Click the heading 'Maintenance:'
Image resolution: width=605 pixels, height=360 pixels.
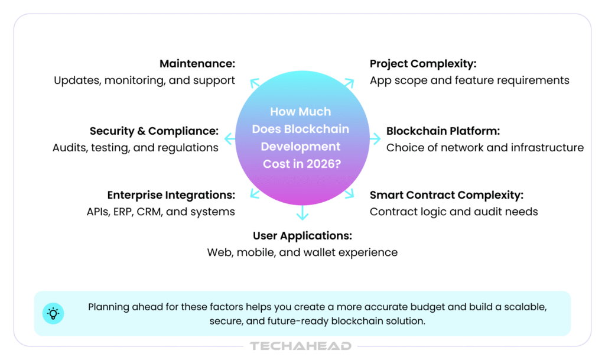point(197,64)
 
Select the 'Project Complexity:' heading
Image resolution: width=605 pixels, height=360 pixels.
point(423,64)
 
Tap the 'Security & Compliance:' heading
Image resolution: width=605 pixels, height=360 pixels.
point(154,132)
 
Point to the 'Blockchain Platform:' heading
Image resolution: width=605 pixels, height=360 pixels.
point(443,131)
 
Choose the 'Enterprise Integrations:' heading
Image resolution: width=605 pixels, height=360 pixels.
point(171,195)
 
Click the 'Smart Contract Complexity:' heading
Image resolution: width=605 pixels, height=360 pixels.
point(447,195)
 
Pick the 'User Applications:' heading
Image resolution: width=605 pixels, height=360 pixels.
point(302,236)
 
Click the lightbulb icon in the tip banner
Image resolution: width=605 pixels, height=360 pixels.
point(53,313)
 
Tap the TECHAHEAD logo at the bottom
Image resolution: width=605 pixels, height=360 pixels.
point(301,346)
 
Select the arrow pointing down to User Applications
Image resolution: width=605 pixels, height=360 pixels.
point(302,213)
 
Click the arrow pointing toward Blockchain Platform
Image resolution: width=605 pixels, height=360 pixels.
point(375,138)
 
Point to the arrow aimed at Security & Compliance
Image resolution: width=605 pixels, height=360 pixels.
point(230,138)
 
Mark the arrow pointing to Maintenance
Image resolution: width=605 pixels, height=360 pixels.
point(255,83)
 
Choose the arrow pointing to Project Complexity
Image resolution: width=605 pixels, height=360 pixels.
point(349,83)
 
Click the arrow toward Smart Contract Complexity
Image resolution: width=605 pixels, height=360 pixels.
point(349,194)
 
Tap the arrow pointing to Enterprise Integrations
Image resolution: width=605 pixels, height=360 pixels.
point(255,194)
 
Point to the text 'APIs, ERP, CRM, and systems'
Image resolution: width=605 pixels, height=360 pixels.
point(161,212)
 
